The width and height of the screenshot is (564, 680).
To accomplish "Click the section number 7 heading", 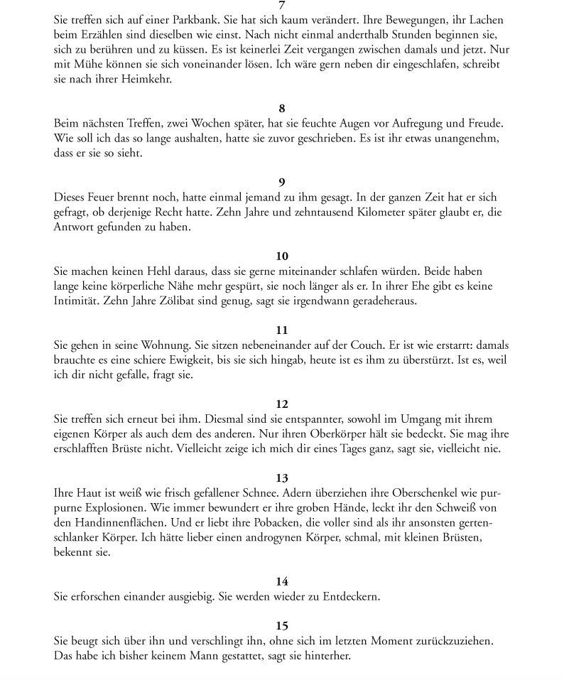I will point(282,6).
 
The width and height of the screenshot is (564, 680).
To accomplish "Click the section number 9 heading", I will point(282,183).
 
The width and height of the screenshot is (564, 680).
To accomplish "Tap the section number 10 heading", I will point(282,257).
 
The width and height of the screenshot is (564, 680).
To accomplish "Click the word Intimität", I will point(77,301).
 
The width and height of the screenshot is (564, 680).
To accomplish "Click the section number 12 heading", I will point(282,404).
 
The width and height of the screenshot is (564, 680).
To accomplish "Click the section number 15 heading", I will point(282,626).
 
